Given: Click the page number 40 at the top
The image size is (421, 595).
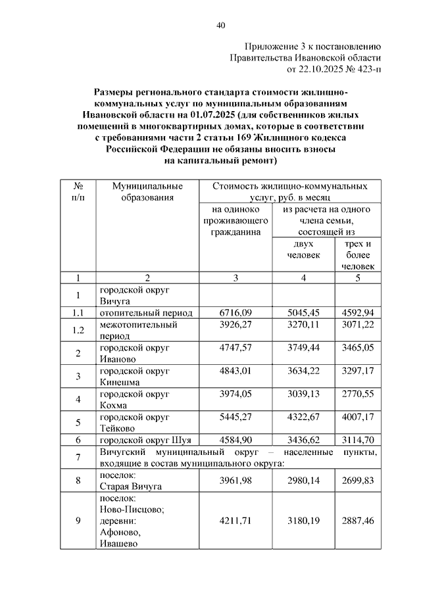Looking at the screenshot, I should point(220,26).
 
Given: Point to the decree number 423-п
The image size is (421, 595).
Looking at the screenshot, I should point(370,68).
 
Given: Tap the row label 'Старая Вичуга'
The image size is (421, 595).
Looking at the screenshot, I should point(130,487).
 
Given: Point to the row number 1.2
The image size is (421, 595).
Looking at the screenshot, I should point(78,330).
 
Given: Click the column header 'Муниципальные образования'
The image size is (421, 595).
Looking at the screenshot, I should point(143,191).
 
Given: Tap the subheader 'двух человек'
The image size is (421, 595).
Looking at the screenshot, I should point(303,250).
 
